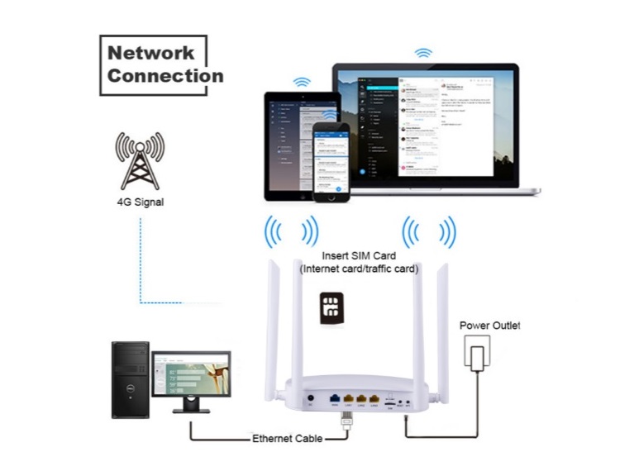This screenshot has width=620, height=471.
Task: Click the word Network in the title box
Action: click(x=150, y=53)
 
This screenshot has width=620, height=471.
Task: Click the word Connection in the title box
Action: click(x=165, y=76)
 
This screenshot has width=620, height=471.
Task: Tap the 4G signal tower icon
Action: click(x=138, y=162)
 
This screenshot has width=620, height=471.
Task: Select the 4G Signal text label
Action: click(x=139, y=200)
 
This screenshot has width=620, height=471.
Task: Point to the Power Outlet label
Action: click(x=490, y=325)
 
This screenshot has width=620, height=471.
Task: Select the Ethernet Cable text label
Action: click(x=287, y=438)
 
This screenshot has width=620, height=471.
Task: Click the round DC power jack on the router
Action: click(x=309, y=402)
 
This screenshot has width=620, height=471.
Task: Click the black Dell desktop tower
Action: click(x=130, y=379)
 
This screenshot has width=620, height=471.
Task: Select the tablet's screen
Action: click(x=289, y=145)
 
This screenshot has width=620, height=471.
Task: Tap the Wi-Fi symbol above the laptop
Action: click(x=423, y=52)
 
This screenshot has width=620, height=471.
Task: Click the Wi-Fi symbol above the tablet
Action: click(x=302, y=82)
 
